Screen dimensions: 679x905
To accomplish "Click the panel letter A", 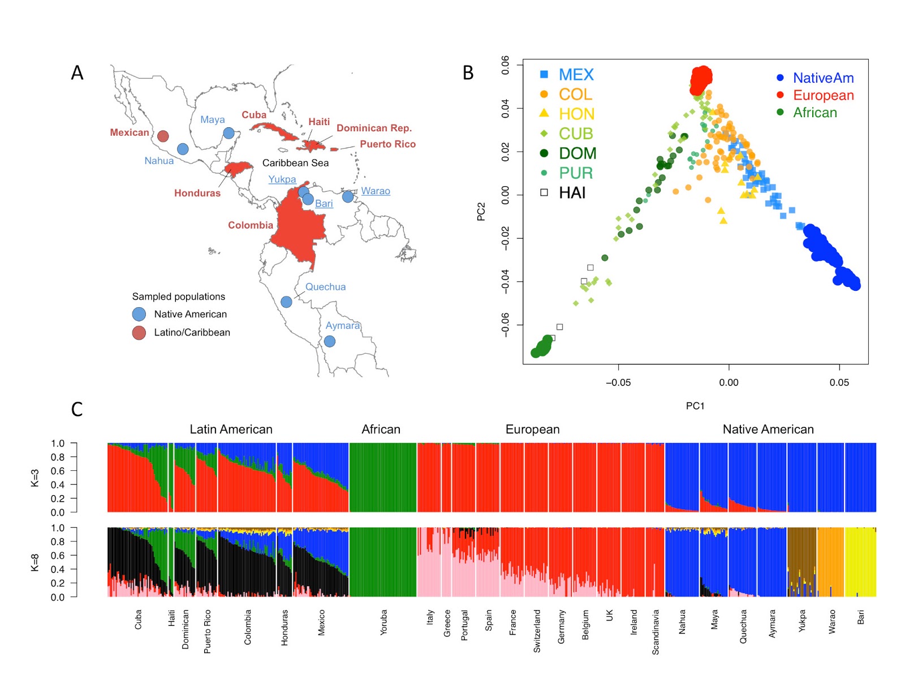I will pos(77,73).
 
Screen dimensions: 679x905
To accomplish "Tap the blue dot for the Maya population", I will pos(229,133).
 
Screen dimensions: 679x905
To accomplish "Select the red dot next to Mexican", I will pos(163,136).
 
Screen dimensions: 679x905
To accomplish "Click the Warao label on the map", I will pos(376,191).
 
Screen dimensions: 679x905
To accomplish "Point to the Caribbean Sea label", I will pos(295,163).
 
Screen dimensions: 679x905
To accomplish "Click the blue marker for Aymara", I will pos(330,341).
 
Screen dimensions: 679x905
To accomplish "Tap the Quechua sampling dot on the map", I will pos(287,302).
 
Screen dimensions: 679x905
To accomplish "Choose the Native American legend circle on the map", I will pos(139,314).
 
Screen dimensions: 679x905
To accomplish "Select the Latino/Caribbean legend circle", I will pos(139,333).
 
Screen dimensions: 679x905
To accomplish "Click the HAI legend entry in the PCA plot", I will pos(572,193).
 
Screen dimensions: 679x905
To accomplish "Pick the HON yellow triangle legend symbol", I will pos(544,113).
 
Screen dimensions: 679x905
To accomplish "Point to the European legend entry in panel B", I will pos(823,95).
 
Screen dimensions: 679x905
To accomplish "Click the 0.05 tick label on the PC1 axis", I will pos(839,383).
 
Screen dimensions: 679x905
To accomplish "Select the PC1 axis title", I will pos(695,406).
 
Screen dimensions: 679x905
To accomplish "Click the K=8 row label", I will pos(35,562).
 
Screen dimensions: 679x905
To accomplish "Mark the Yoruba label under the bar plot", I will pos(383,622).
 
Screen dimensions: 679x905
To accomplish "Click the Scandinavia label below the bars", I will pos(656,632).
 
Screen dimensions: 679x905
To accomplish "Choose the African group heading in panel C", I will pos(381,429).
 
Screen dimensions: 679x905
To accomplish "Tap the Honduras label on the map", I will pos(197,193).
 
